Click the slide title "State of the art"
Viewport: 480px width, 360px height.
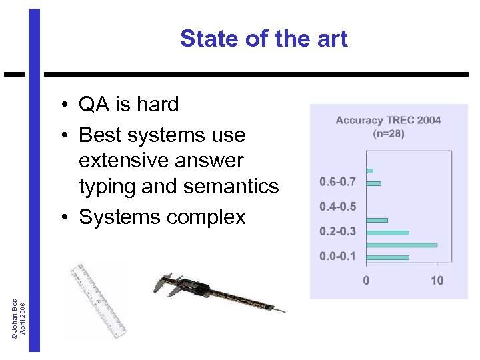(x=263, y=39)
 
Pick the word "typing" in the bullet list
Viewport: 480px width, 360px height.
(x=109, y=187)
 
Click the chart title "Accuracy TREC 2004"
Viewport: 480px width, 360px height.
(x=388, y=121)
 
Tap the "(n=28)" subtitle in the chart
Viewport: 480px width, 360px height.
(x=388, y=133)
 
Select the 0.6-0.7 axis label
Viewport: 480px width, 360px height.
(x=337, y=181)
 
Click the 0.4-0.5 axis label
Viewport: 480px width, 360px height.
(x=337, y=207)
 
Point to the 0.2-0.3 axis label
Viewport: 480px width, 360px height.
(x=337, y=231)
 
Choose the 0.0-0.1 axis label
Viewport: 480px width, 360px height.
(x=337, y=257)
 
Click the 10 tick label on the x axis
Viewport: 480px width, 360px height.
(x=437, y=281)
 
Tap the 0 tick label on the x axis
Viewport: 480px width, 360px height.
(x=366, y=281)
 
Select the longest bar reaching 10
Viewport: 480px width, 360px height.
(x=401, y=245)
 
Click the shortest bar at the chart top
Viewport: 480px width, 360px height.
(x=369, y=171)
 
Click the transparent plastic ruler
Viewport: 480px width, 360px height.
(x=99, y=299)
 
